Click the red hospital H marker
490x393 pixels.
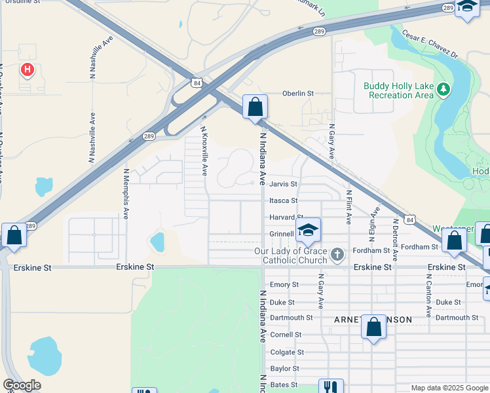(x=27, y=69)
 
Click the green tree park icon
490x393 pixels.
(x=443, y=88)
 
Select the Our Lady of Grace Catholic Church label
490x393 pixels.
(x=294, y=256)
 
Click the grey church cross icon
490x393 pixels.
(x=337, y=254)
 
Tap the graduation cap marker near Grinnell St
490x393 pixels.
(x=308, y=230)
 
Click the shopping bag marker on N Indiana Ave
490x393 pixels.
(x=255, y=107)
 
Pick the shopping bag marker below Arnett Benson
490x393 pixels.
(x=373, y=327)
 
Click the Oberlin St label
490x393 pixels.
(x=298, y=94)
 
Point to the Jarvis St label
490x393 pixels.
(x=284, y=185)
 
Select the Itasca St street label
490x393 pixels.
(x=284, y=201)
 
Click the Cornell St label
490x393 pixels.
(x=286, y=335)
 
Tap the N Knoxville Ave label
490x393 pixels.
(x=204, y=151)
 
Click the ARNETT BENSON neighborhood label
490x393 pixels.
(x=373, y=320)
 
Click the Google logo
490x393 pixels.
(x=22, y=385)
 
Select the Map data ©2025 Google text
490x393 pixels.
(x=449, y=388)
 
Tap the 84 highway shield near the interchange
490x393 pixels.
(x=197, y=83)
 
